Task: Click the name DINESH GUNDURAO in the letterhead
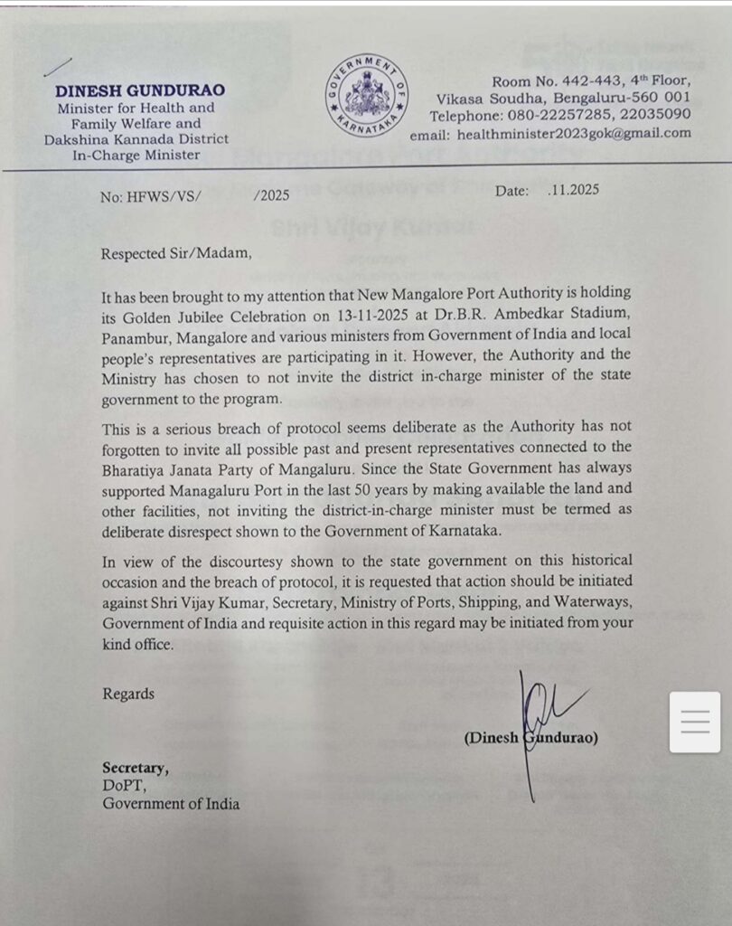tap(140, 90)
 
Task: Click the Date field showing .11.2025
tap(547, 191)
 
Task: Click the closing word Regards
tap(128, 694)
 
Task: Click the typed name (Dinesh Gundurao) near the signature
tap(531, 738)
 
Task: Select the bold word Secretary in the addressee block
tap(135, 769)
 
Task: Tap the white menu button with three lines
tap(695, 722)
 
